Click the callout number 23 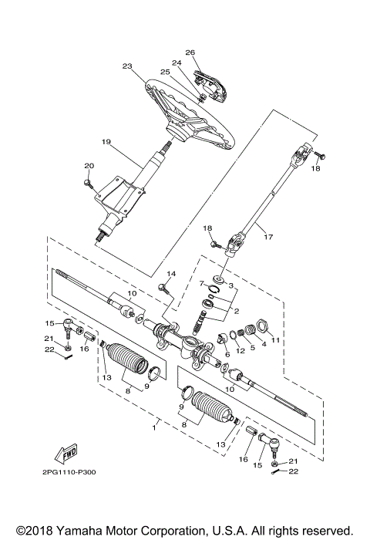[x=128, y=66]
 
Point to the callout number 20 [x=89, y=166]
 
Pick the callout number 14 [x=171, y=274]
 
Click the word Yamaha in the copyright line [x=79, y=531]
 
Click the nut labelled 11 [x=261, y=322]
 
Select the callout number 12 [x=240, y=352]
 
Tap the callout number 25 [x=165, y=72]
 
